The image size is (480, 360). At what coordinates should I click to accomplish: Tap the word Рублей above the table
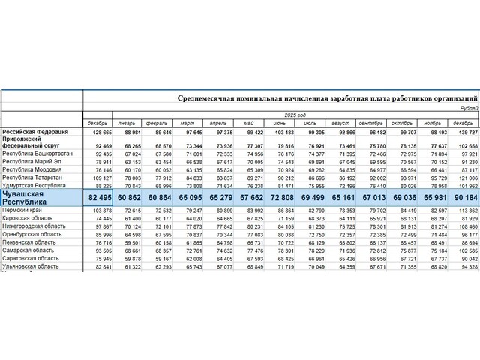(x=465, y=108)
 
